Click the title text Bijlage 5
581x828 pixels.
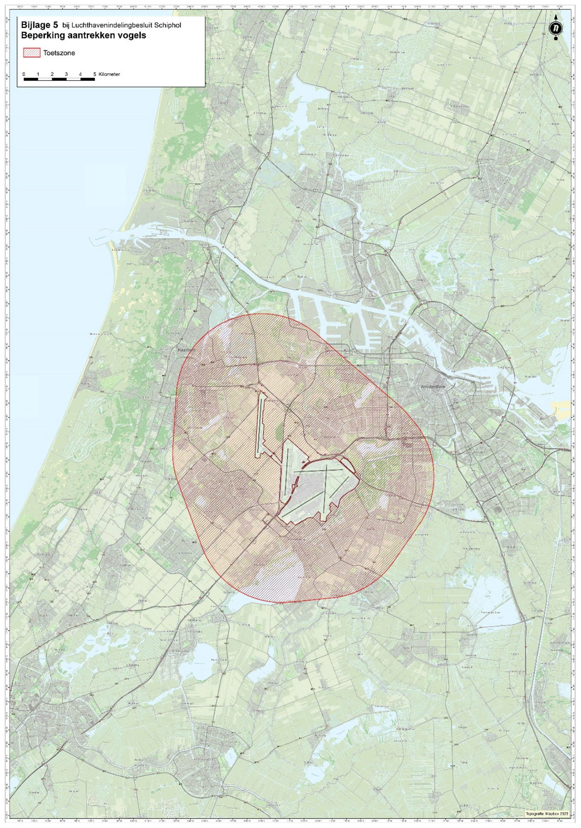point(39,25)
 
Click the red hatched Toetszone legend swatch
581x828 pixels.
point(32,53)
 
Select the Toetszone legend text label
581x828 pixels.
point(59,53)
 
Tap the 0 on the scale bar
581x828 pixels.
point(24,74)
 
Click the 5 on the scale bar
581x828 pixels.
point(95,74)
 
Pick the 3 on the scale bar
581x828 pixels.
point(66,74)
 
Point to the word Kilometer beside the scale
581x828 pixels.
point(109,74)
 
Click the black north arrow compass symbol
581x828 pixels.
point(556,27)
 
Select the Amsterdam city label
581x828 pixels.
point(433,387)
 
